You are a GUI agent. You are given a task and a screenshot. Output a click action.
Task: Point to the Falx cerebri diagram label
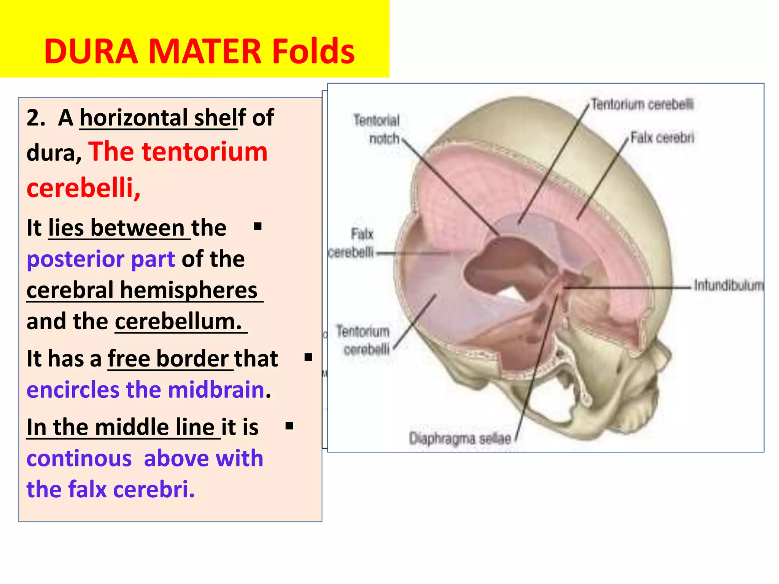[662, 138]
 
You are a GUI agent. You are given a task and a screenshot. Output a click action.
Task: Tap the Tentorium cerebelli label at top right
[642, 104]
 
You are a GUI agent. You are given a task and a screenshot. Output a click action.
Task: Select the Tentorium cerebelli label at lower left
[363, 340]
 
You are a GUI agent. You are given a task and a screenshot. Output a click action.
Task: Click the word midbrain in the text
[216, 390]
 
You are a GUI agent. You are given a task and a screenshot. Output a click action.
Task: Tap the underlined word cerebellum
[178, 321]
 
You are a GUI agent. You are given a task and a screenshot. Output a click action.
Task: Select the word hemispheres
[189, 290]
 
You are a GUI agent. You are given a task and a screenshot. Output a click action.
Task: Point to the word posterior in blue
[75, 259]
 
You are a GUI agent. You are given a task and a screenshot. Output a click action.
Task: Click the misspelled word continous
[79, 458]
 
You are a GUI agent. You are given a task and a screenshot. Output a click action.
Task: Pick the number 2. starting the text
[36, 118]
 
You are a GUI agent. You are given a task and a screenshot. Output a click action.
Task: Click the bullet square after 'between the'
[258, 227]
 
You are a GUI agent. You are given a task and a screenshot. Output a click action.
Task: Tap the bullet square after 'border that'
[308, 357]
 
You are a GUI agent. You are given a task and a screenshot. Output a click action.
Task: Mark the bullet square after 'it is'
[289, 425]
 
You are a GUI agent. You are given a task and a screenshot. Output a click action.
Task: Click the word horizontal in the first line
[133, 118]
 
